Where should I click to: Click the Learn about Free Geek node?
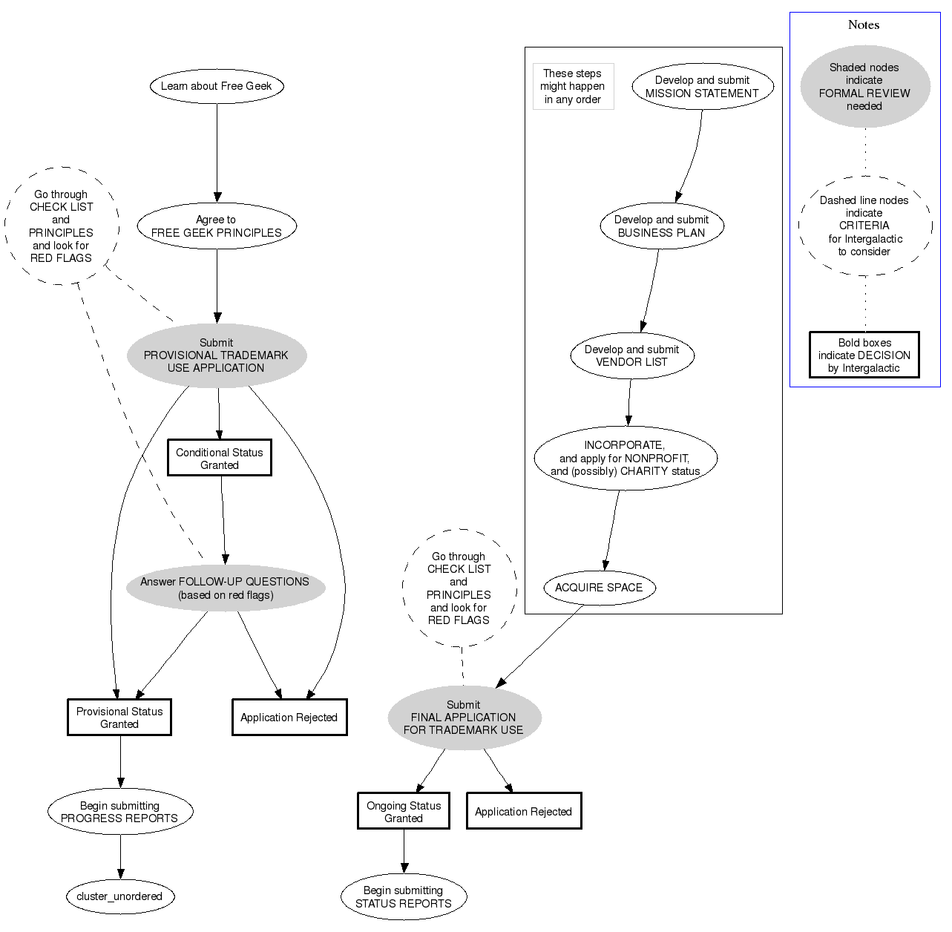[217, 86]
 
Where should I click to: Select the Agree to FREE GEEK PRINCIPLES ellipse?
[217, 226]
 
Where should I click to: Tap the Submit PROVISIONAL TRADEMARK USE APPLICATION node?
[217, 355]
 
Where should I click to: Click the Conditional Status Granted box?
[220, 459]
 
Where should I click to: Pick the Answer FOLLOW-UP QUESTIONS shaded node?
[226, 588]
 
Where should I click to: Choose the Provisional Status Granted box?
[119, 718]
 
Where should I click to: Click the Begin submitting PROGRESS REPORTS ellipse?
[119, 813]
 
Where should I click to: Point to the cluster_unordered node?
[119, 896]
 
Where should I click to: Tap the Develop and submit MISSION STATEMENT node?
[703, 87]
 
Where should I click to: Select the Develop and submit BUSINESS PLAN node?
[662, 226]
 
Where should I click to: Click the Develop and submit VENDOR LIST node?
[632, 355]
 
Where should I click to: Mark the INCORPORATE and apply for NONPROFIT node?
[625, 458]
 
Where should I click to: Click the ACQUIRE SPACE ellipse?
[599, 588]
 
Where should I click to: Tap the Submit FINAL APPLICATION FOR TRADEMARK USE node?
[464, 718]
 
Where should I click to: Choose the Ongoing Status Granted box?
[404, 812]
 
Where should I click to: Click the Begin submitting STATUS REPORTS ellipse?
[404, 897]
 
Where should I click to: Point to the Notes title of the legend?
[864, 25]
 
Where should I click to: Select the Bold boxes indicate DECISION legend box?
[864, 355]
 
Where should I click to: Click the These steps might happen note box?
[574, 87]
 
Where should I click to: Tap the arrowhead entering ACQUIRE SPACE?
[605, 565]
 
